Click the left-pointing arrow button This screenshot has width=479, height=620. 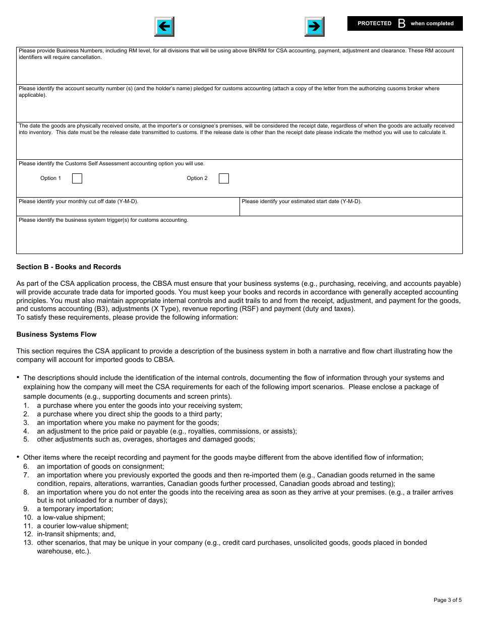point(164,27)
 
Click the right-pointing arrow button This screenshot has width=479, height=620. point(314,27)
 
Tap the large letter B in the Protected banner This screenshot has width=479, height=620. point(401,24)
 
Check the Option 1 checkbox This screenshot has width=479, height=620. point(77,178)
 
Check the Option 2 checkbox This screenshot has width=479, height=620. point(224,178)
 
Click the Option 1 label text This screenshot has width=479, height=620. point(50,178)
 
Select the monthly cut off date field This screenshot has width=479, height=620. point(128,209)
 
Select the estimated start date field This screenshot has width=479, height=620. point(350,209)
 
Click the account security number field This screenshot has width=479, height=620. point(239,108)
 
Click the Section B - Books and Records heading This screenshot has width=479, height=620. point(69,267)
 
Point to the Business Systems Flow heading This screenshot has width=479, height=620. point(56,335)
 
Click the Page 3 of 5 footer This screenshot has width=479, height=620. point(447,600)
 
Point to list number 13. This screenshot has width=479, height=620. point(28,543)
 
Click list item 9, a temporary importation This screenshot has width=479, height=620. point(75,509)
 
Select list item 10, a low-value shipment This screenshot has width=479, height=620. point(71,518)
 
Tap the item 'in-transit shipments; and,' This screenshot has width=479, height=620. point(76,534)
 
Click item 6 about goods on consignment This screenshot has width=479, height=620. point(100,467)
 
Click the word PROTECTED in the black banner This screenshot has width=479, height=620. point(374,24)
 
